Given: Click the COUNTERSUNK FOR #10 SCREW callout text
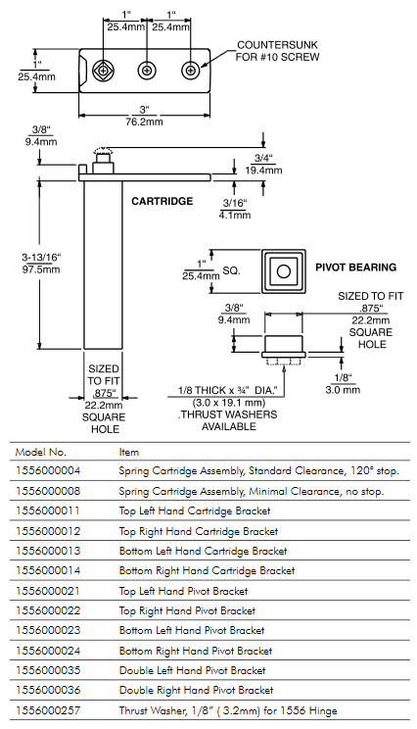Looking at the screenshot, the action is (277, 51).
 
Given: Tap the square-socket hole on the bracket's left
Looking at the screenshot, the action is (104, 71).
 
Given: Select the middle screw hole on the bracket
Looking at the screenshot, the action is (147, 71).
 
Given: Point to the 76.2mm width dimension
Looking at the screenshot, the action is (145, 121).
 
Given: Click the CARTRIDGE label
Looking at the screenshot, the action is (162, 201).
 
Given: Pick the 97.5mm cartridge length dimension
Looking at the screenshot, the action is (41, 269).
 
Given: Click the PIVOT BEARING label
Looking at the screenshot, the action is (355, 267).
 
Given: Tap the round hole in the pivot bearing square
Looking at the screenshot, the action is (283, 271).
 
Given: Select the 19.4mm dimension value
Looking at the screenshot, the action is (263, 170).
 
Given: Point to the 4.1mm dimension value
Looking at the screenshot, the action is (235, 215).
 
